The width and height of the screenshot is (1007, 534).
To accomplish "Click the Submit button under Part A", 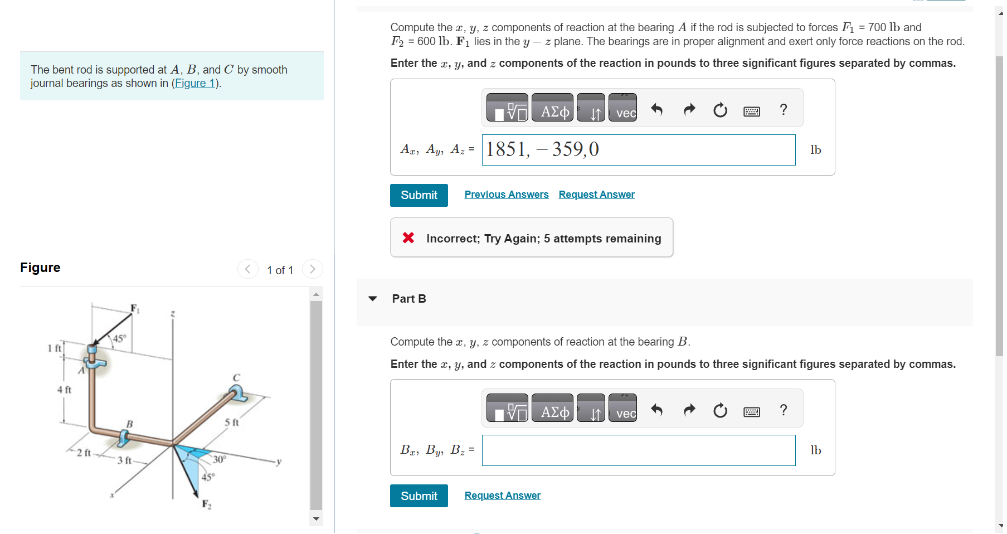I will [x=419, y=195].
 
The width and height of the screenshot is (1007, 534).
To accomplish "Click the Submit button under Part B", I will [x=419, y=496].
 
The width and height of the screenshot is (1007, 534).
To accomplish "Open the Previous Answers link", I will [x=506, y=195].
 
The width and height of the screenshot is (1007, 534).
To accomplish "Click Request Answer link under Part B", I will [x=502, y=496].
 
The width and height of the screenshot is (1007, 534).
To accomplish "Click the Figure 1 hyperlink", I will [x=195, y=83].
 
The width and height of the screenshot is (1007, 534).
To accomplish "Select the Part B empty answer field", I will [x=638, y=450].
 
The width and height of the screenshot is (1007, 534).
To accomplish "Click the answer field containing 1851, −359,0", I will [x=638, y=150].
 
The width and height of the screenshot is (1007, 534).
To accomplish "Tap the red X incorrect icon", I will [x=408, y=238].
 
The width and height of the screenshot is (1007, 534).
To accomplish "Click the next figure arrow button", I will [x=313, y=269].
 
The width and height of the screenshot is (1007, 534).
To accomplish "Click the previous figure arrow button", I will [x=247, y=269].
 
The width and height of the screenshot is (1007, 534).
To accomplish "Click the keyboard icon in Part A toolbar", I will [x=751, y=111].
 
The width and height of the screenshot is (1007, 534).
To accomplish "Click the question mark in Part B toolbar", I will [x=783, y=410].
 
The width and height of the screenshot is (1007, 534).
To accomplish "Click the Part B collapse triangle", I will [x=373, y=299].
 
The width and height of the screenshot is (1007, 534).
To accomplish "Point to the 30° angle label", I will [x=219, y=459].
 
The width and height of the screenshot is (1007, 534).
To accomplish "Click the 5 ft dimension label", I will [x=232, y=423].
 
